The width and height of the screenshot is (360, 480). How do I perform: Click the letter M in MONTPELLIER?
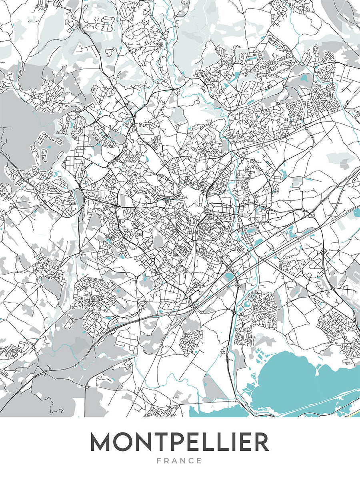101,442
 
